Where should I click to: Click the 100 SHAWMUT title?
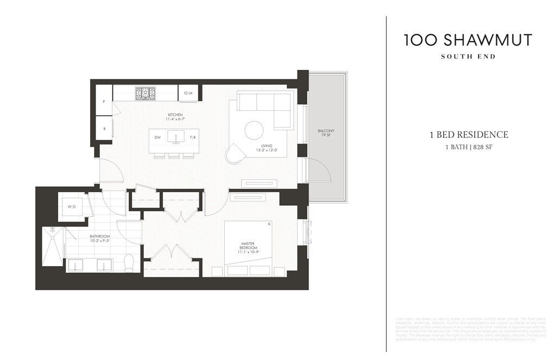pyautogui.click(x=467, y=40)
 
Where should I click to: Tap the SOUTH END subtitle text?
pyautogui.click(x=467, y=56)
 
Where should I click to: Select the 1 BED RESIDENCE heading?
pyautogui.click(x=467, y=135)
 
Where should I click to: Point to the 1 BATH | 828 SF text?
pyautogui.click(x=467, y=147)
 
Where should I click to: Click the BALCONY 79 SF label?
pyautogui.click(x=326, y=134)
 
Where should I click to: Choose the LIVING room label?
pyautogui.click(x=267, y=148)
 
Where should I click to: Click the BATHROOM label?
pyautogui.click(x=100, y=239)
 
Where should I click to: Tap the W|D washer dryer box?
pyautogui.click(x=72, y=207)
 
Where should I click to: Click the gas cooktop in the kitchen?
pyautogui.click(x=145, y=93)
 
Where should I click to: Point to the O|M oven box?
pyautogui.click(x=188, y=93)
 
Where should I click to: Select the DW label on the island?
pyautogui.click(x=157, y=138)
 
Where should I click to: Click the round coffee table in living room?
pyautogui.click(x=254, y=130)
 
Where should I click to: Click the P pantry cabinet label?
pyautogui.click(x=103, y=102)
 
